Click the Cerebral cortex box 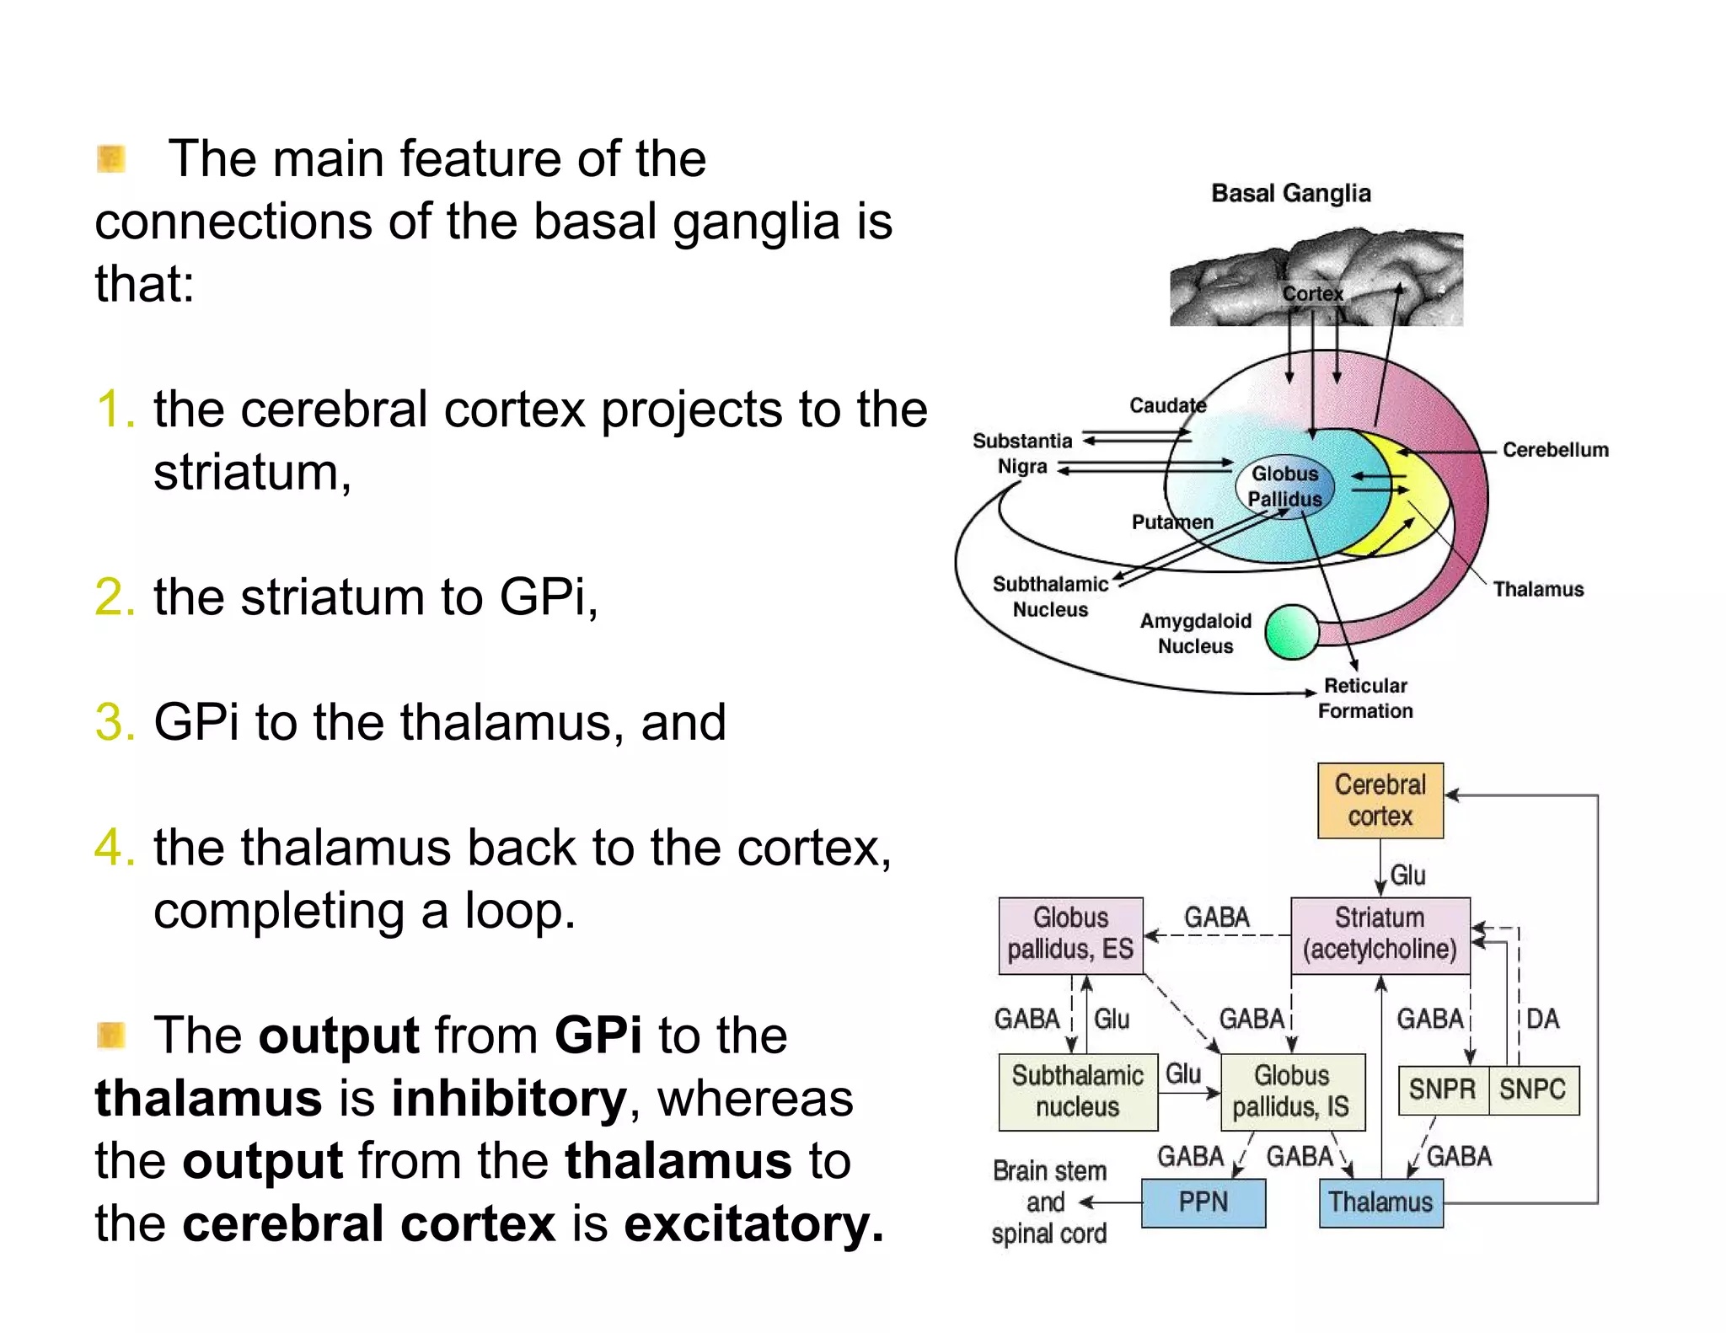[x=1380, y=800]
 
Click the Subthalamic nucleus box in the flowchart [x=1077, y=1091]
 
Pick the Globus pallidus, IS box [x=1291, y=1091]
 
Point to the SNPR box [x=1442, y=1089]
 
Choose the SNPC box [x=1532, y=1089]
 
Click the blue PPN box [x=1203, y=1202]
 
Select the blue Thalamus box [x=1380, y=1202]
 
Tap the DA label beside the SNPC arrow [x=1542, y=1019]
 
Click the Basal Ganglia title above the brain [x=1290, y=193]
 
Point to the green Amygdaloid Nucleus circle [x=1291, y=632]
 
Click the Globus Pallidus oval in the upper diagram [x=1284, y=487]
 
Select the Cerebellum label [x=1555, y=450]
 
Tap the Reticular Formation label [x=1365, y=699]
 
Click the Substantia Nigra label [x=1022, y=453]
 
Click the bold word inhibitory [x=509, y=1099]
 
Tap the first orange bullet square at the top [x=111, y=158]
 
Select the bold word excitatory [x=753, y=1224]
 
